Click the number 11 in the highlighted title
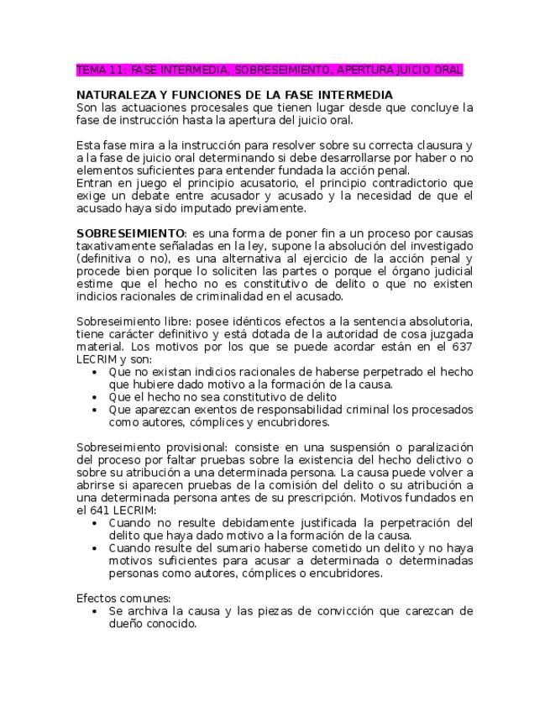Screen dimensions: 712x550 [x=113, y=70]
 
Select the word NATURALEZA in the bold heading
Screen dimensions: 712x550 [x=112, y=95]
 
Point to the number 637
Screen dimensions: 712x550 [x=462, y=348]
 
